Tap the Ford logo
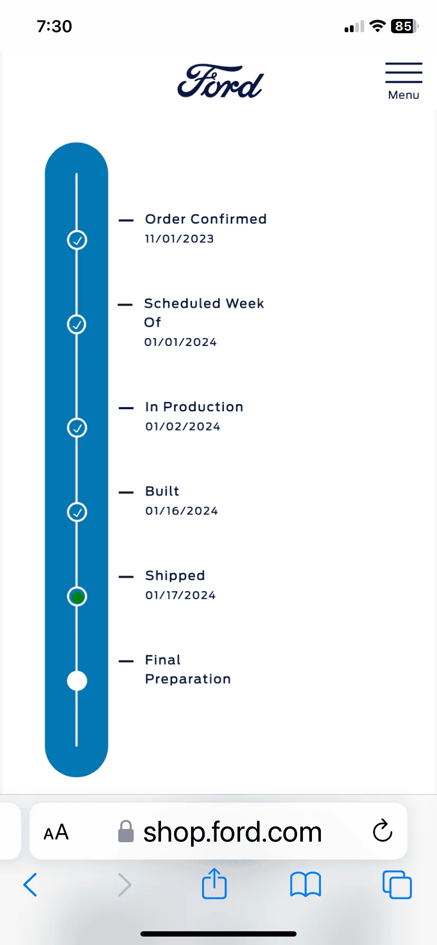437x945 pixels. pos(220,82)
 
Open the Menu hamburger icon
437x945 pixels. pos(404,73)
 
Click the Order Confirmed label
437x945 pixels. pos(206,219)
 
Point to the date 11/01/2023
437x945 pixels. pos(179,239)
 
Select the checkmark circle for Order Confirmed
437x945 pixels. pos(77,240)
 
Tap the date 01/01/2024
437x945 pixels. pos(180,342)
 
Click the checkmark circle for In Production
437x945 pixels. pos(77,428)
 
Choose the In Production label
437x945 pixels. pos(194,407)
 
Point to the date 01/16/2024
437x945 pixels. pos(182,511)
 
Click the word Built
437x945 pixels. pos(162,491)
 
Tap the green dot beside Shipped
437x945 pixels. pos(78,597)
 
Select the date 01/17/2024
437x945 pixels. pos(180,595)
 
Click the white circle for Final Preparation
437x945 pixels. pos(77,681)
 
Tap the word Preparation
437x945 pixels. pos(188,679)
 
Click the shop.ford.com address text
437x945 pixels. pos(232,832)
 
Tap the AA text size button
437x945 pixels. pos(56,832)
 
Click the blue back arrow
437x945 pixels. pos(30,884)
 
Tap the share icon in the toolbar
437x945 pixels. pos(214,883)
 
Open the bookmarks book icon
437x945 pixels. pos(306,884)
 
